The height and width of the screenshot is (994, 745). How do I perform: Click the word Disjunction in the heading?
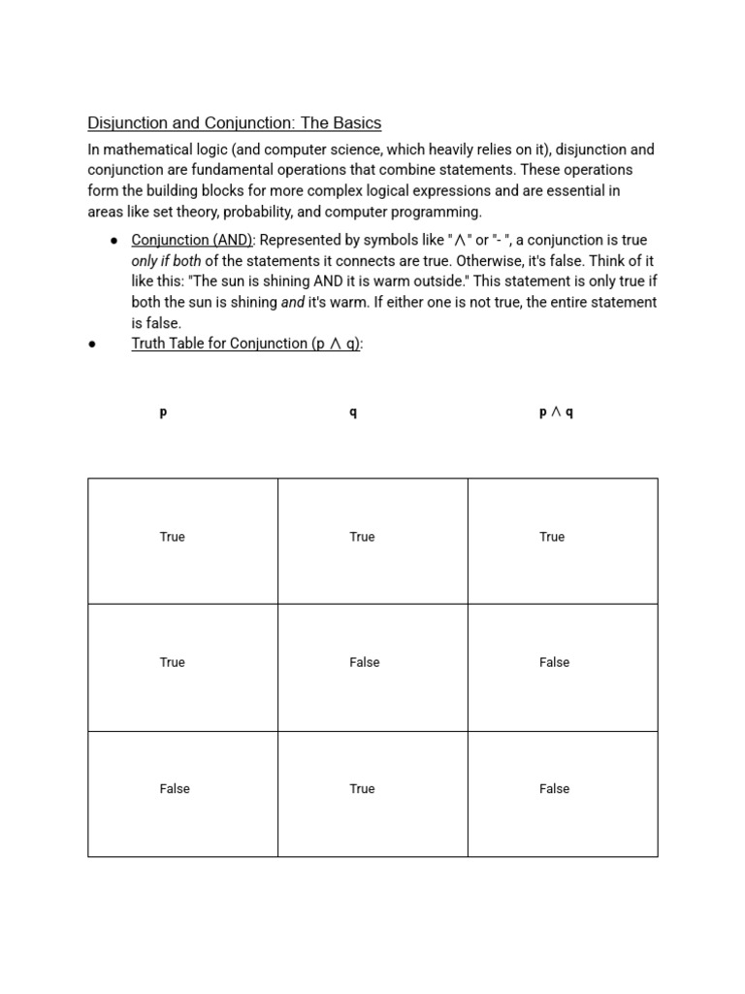pyautogui.click(x=126, y=123)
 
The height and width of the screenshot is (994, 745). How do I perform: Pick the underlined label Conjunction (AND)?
pyautogui.click(x=192, y=240)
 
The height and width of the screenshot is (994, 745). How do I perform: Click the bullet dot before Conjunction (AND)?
pyautogui.click(x=114, y=241)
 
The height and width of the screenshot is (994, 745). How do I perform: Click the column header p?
pyautogui.click(x=163, y=412)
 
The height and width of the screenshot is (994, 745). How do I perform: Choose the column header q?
pyautogui.click(x=353, y=412)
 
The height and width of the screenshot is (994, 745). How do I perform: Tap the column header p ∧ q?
pyautogui.click(x=556, y=412)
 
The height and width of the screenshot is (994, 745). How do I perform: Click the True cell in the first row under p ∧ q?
pyautogui.click(x=552, y=537)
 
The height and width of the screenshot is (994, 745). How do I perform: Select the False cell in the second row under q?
pyautogui.click(x=365, y=662)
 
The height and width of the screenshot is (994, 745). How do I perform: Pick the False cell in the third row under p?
pyautogui.click(x=175, y=789)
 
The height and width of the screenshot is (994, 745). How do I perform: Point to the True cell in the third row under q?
pyautogui.click(x=362, y=789)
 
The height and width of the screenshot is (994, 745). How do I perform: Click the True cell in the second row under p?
pyautogui.click(x=172, y=662)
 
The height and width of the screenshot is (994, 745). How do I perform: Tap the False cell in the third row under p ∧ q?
pyautogui.click(x=554, y=789)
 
